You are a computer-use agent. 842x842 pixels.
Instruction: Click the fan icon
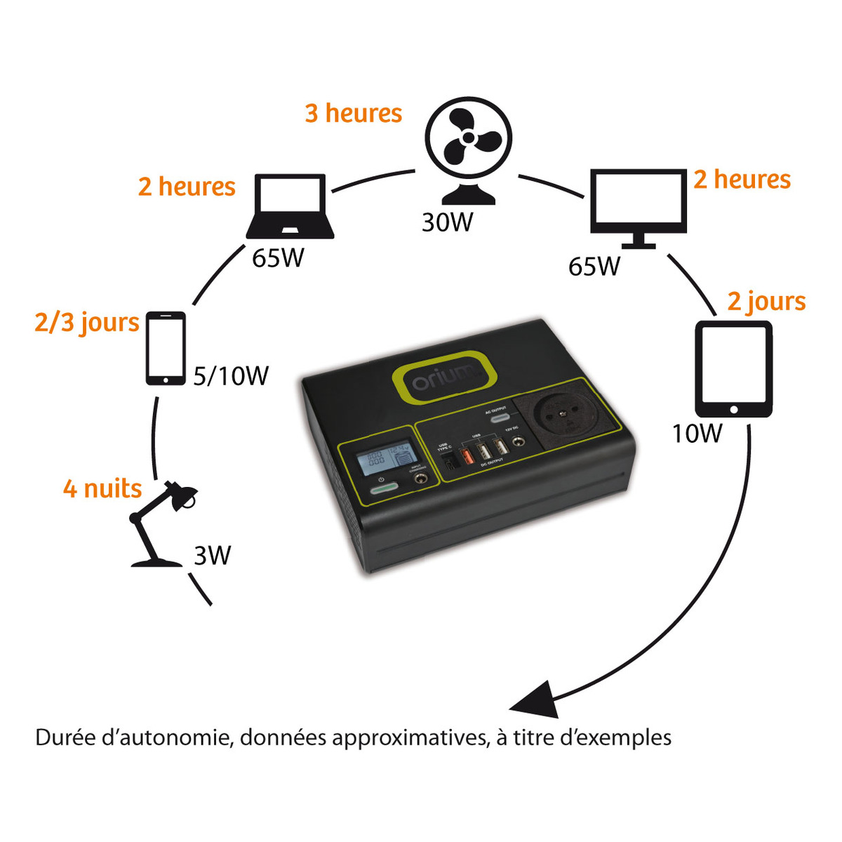tap(468, 147)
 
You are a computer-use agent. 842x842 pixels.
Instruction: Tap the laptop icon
tap(290, 206)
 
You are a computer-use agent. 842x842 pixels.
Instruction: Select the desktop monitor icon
tap(638, 207)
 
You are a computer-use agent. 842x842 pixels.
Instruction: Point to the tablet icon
tap(733, 369)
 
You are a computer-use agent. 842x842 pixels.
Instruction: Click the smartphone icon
tap(166, 348)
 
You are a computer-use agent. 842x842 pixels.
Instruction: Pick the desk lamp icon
tap(161, 523)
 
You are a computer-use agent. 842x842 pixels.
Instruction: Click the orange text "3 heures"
tap(353, 113)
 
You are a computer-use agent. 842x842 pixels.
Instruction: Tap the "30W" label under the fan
tap(447, 222)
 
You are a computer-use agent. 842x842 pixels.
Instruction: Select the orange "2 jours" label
tap(766, 302)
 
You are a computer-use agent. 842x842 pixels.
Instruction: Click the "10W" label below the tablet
tap(696, 434)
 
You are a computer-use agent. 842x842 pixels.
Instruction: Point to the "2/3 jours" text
tap(87, 323)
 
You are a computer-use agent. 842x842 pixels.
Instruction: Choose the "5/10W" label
tap(231, 376)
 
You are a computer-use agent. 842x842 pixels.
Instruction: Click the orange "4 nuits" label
tap(102, 488)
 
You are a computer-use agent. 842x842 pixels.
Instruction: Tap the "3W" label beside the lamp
tap(212, 556)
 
